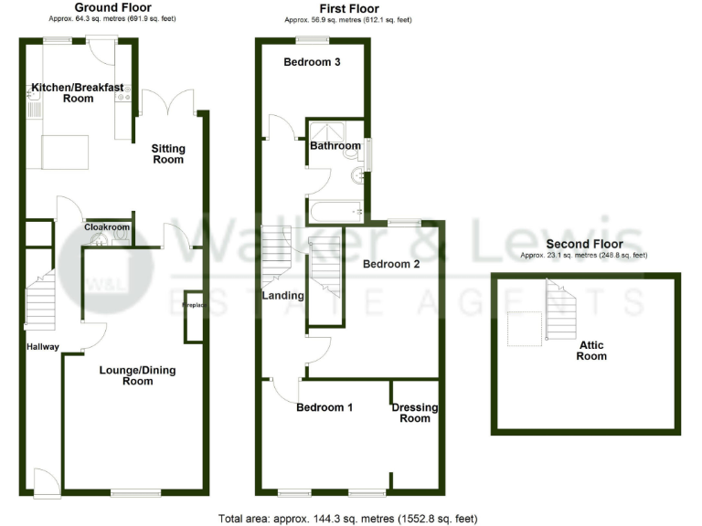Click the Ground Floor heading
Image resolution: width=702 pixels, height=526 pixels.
point(113,8)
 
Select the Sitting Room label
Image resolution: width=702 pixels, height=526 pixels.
point(168,153)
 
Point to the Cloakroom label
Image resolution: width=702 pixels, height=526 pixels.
point(107,228)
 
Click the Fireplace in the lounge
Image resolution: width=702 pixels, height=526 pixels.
point(193,317)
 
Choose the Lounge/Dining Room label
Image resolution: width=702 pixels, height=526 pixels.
point(137,375)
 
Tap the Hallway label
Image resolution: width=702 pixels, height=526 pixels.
point(42,347)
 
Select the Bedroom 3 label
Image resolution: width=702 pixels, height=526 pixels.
point(312,63)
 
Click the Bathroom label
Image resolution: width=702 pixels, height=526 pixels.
point(335,145)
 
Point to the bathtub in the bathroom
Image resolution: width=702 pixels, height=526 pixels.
point(335,213)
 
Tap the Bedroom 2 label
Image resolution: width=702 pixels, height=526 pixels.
point(391,265)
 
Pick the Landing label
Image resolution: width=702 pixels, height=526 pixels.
point(283,296)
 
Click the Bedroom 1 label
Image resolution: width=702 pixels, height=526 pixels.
point(324,408)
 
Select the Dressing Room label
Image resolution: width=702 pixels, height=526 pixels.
point(415,413)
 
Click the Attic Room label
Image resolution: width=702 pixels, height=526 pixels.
point(591,351)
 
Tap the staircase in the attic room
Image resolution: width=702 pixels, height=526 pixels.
point(558,310)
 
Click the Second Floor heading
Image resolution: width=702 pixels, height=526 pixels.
point(584,244)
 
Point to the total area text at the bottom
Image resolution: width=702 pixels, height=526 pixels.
point(347,519)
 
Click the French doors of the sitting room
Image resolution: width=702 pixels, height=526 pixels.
point(167,102)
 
